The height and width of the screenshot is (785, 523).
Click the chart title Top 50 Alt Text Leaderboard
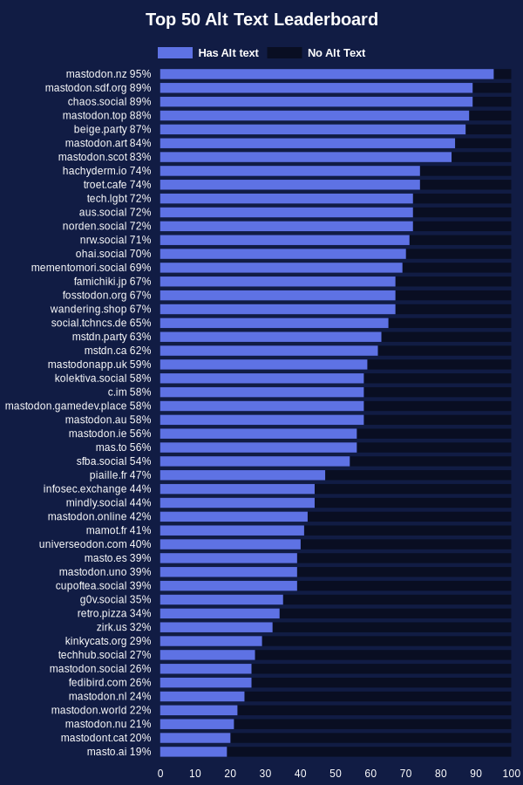(x=261, y=19)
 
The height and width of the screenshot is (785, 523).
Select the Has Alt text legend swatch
(x=175, y=53)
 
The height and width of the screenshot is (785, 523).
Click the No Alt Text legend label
(x=336, y=53)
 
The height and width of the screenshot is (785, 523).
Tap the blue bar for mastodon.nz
(x=327, y=74)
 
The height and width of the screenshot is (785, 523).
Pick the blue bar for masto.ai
(x=194, y=752)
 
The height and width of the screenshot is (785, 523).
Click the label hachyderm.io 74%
(x=106, y=171)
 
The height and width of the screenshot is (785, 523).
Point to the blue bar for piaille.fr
(x=242, y=475)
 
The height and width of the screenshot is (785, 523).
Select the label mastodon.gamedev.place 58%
(x=78, y=406)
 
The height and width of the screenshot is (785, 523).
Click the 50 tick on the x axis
(x=336, y=774)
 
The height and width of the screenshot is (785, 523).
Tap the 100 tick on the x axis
(x=511, y=774)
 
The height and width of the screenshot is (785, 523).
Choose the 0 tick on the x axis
(x=160, y=774)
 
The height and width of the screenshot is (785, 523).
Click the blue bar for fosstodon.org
(x=278, y=296)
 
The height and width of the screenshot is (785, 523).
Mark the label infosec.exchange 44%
(x=97, y=489)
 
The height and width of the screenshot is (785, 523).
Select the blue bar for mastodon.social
(x=206, y=669)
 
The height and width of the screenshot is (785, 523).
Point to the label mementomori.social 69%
(x=91, y=268)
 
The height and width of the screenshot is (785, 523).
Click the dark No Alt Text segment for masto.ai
(x=369, y=752)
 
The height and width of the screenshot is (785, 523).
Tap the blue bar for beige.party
(x=313, y=129)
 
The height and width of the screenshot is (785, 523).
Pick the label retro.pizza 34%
(x=114, y=613)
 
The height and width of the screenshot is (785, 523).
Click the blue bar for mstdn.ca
(x=268, y=351)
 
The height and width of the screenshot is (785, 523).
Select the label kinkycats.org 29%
(x=108, y=641)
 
